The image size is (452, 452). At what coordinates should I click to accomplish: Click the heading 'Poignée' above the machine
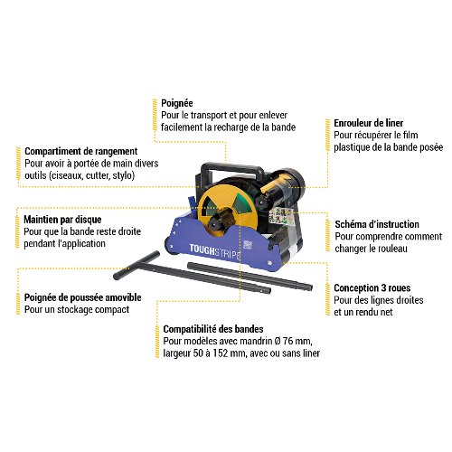coord(177,103)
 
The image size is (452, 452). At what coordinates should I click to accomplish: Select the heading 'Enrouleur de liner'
coord(368,123)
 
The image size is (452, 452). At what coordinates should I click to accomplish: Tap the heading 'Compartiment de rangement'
coord(81,151)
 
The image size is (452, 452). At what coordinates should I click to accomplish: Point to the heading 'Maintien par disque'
coord(62,220)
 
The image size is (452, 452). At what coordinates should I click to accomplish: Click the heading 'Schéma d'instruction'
coord(377,224)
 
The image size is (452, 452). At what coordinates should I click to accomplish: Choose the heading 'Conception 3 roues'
coord(372,288)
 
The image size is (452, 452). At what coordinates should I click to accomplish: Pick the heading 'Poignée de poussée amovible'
coord(83,297)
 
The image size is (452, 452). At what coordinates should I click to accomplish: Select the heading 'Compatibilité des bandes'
coord(213,329)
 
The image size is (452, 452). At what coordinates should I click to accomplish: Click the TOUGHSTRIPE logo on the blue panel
coord(215,251)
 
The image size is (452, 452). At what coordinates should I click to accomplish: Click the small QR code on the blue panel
coord(248,245)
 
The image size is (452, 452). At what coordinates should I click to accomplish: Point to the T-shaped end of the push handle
coord(137,265)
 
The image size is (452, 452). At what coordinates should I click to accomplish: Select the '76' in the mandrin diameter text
coord(287,341)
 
